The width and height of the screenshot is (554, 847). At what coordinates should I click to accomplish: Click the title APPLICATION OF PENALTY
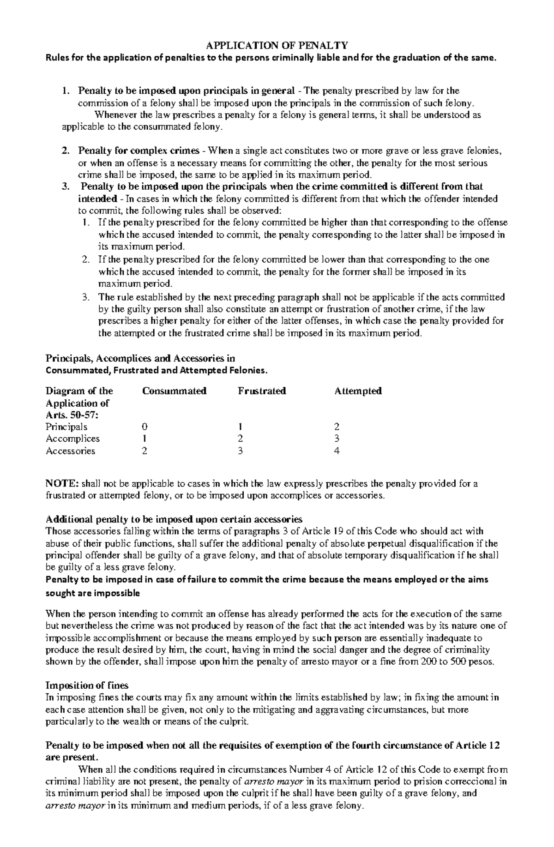point(277,45)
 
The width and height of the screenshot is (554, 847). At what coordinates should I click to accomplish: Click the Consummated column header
point(174,391)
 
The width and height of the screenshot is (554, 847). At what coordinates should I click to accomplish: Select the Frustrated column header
point(262,391)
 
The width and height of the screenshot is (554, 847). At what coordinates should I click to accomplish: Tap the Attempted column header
point(358,391)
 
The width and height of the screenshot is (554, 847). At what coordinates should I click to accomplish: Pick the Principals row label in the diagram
point(66,427)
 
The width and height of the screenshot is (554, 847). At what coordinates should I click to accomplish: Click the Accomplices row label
point(72,439)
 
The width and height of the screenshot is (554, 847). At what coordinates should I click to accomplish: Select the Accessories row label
point(70,451)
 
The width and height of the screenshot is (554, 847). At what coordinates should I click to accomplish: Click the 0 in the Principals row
point(145,427)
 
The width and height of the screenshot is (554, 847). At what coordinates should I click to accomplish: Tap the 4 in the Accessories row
point(337,451)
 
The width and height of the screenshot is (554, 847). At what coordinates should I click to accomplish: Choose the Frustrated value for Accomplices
point(240,439)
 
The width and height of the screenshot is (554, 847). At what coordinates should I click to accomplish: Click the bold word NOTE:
point(62,484)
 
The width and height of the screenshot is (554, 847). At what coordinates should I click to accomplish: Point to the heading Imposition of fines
point(87,685)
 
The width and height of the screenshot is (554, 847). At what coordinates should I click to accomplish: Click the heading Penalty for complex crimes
point(138,151)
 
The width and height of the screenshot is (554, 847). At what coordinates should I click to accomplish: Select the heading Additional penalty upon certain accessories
point(174,519)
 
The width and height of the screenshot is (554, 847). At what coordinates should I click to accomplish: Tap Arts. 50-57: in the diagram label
point(72,415)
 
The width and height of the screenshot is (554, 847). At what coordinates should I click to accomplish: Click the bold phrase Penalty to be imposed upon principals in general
point(186,90)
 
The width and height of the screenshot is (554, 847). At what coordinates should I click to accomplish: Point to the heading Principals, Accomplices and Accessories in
point(140,358)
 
